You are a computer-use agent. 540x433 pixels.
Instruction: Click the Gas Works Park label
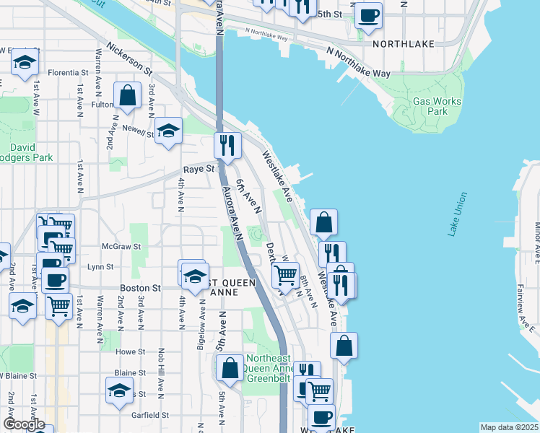[x=437, y=107]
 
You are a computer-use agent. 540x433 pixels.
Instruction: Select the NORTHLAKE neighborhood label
[x=404, y=44]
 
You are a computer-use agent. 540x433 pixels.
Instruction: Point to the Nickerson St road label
[x=129, y=60]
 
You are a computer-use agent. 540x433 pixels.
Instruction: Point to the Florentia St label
[x=68, y=73]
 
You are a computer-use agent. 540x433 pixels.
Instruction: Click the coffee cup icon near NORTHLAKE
[x=368, y=16]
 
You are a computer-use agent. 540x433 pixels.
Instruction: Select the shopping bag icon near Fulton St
[x=127, y=96]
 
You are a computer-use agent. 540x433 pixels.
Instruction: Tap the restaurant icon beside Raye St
[x=227, y=146]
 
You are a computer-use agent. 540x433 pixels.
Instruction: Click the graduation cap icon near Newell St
[x=169, y=131]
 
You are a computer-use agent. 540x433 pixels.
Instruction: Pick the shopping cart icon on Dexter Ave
[x=286, y=274]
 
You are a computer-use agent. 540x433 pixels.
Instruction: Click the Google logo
[x=24, y=424]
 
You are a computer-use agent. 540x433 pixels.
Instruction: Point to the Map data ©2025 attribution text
[x=510, y=427]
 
